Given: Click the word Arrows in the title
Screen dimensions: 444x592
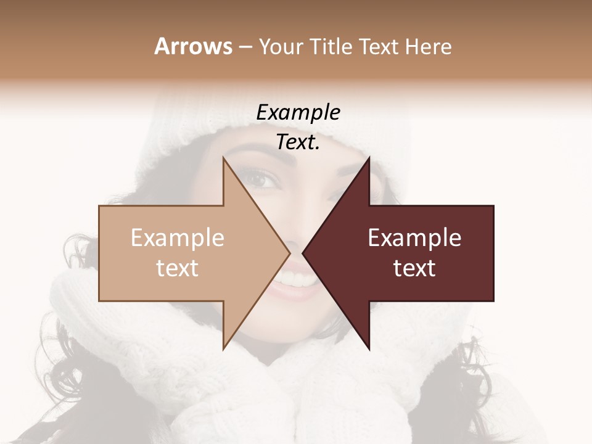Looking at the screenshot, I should [193, 46].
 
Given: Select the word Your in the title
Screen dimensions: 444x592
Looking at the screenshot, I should [281, 47].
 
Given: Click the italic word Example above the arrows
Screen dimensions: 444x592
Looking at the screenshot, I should [298, 113].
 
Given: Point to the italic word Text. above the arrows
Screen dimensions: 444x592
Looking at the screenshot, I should [298, 142].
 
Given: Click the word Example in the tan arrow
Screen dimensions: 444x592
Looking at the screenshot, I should [177, 238].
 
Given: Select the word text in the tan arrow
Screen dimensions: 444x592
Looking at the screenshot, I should [177, 268].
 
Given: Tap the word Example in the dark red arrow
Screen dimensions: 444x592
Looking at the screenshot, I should [414, 238].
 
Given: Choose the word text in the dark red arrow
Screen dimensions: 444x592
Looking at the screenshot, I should [414, 268].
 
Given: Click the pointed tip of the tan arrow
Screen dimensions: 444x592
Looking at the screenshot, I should [289, 253].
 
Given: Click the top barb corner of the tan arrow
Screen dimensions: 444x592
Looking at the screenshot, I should [224, 158].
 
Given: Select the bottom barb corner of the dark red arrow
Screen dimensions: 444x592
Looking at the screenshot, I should [369, 349].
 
